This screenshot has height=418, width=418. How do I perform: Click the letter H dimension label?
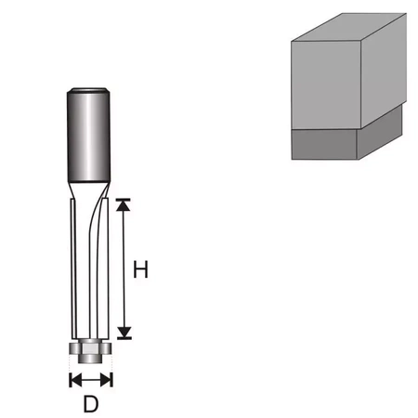click(140, 270)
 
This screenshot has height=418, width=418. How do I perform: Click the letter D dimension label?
click(90, 405)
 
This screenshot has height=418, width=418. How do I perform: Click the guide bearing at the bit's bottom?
click(90, 352)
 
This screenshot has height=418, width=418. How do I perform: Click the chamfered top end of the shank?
click(89, 89)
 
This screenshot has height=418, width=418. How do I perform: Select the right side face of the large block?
click(383, 74)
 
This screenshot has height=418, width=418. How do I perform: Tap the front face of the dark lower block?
click(325, 145)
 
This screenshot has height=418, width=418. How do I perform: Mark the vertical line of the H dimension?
click(127, 269)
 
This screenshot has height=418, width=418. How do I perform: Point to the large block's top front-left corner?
click(291, 42)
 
